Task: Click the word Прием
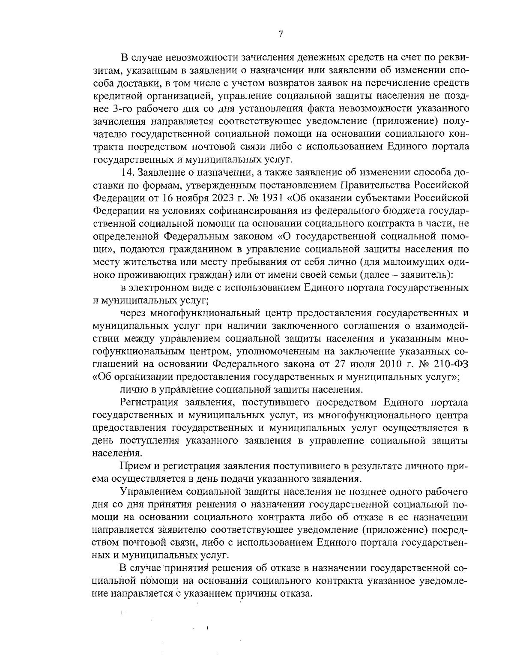[x=133, y=466]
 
